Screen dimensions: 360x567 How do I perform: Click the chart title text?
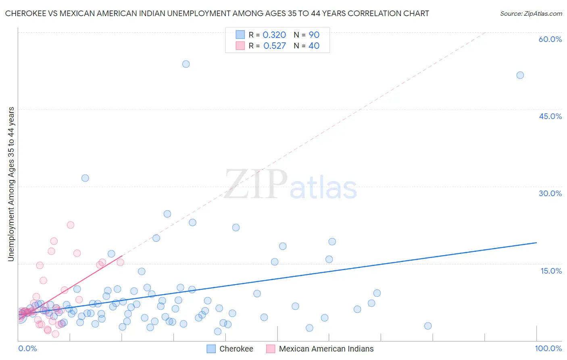[x=217, y=13]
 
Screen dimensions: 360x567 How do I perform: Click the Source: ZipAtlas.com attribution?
[x=531, y=13]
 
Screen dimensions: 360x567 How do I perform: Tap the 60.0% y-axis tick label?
[x=550, y=39]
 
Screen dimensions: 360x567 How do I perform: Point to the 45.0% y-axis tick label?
[x=550, y=116]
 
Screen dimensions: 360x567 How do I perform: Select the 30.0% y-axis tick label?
[x=550, y=193]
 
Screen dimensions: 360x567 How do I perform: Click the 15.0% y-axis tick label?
[x=551, y=271]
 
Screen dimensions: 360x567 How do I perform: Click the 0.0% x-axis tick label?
[x=27, y=348]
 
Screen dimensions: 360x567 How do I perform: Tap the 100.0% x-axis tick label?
[x=548, y=348]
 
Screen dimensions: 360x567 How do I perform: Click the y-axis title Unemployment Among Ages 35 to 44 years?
[x=11, y=184]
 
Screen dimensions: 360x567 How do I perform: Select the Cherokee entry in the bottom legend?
[x=236, y=349]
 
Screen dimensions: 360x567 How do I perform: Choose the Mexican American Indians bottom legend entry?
[x=326, y=349]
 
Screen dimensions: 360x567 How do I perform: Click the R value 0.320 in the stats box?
[x=274, y=35]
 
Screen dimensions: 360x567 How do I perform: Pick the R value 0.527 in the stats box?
[x=274, y=46]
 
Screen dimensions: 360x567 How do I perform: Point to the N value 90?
[x=314, y=35]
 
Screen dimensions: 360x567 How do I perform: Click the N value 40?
[x=314, y=46]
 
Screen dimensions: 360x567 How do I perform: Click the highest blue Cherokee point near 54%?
[x=186, y=64]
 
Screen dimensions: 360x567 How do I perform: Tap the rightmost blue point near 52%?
[x=520, y=75]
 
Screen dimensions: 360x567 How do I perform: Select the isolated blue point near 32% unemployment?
[x=85, y=178]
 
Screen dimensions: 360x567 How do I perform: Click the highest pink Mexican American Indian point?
[x=71, y=225]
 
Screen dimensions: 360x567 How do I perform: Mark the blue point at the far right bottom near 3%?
[x=428, y=326]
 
